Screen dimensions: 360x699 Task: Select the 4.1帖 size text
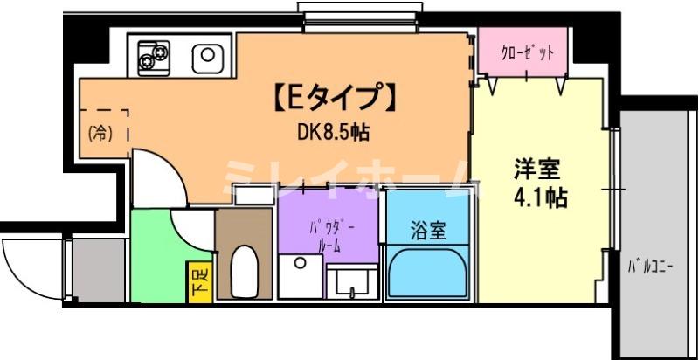(539, 198)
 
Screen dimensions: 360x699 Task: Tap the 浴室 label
(428, 231)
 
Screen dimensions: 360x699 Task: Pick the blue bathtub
(428, 273)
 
